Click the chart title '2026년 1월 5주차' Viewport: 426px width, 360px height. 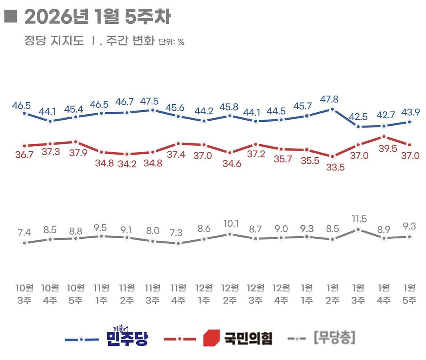point(97,17)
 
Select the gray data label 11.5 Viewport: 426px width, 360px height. point(358,219)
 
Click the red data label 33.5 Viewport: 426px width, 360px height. point(332,167)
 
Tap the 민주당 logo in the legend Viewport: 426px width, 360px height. point(127,337)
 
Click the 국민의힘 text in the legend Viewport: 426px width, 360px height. point(248,338)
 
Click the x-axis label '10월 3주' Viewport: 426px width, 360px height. point(24,294)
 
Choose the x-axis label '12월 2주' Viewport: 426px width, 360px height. point(230,294)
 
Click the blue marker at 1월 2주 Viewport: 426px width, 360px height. point(332,109)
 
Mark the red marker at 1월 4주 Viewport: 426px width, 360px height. point(384,137)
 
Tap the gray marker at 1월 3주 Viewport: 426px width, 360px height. point(358,229)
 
